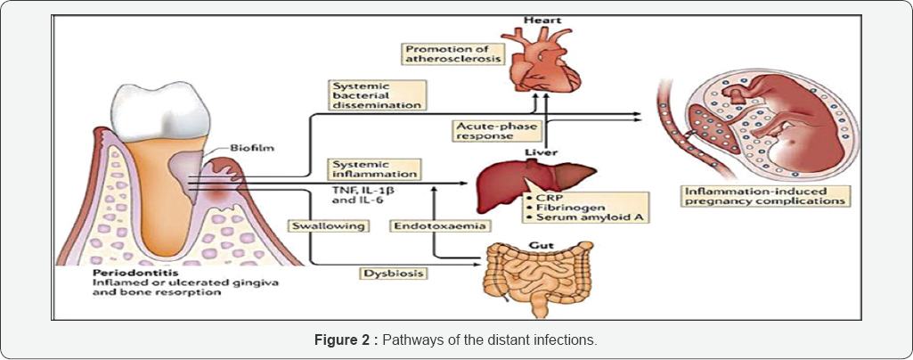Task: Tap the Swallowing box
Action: (327, 226)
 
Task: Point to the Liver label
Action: (534, 153)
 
